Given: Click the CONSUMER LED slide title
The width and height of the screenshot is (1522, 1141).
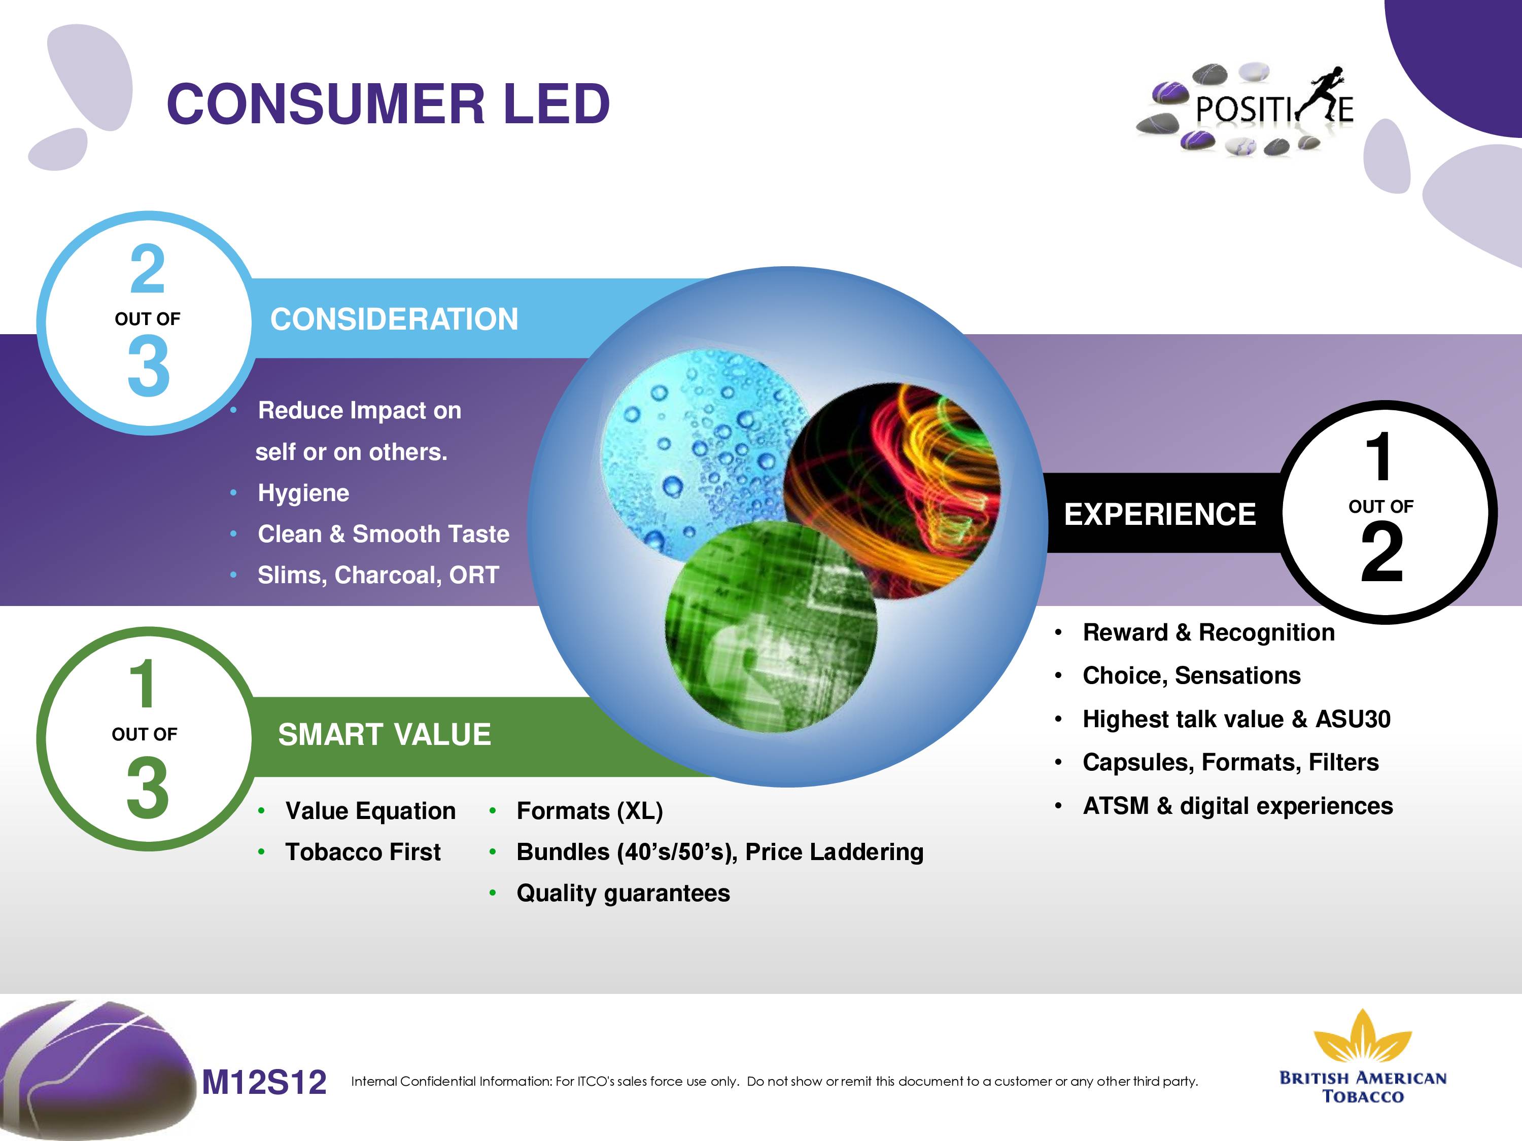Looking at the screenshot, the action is point(388,104).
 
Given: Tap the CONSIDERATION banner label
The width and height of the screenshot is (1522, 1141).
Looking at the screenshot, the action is point(394,319).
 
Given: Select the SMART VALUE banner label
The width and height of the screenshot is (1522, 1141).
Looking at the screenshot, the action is point(385,734).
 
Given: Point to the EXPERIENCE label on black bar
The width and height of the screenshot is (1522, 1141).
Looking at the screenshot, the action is point(1160,514).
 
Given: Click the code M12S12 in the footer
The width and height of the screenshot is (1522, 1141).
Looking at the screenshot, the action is point(264,1082).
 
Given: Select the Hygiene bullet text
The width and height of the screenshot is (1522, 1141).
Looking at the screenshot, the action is point(303,492).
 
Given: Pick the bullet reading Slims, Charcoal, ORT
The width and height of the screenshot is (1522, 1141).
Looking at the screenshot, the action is point(378,575).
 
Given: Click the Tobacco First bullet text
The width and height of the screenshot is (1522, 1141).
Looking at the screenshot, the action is point(363,851).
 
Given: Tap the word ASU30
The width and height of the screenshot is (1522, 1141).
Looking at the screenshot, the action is point(1353,719).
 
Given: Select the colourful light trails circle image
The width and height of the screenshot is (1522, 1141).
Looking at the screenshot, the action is point(892,490).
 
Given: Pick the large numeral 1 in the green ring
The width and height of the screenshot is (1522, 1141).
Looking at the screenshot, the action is point(143,684).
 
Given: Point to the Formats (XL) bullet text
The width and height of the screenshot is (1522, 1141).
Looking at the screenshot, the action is point(590,811).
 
